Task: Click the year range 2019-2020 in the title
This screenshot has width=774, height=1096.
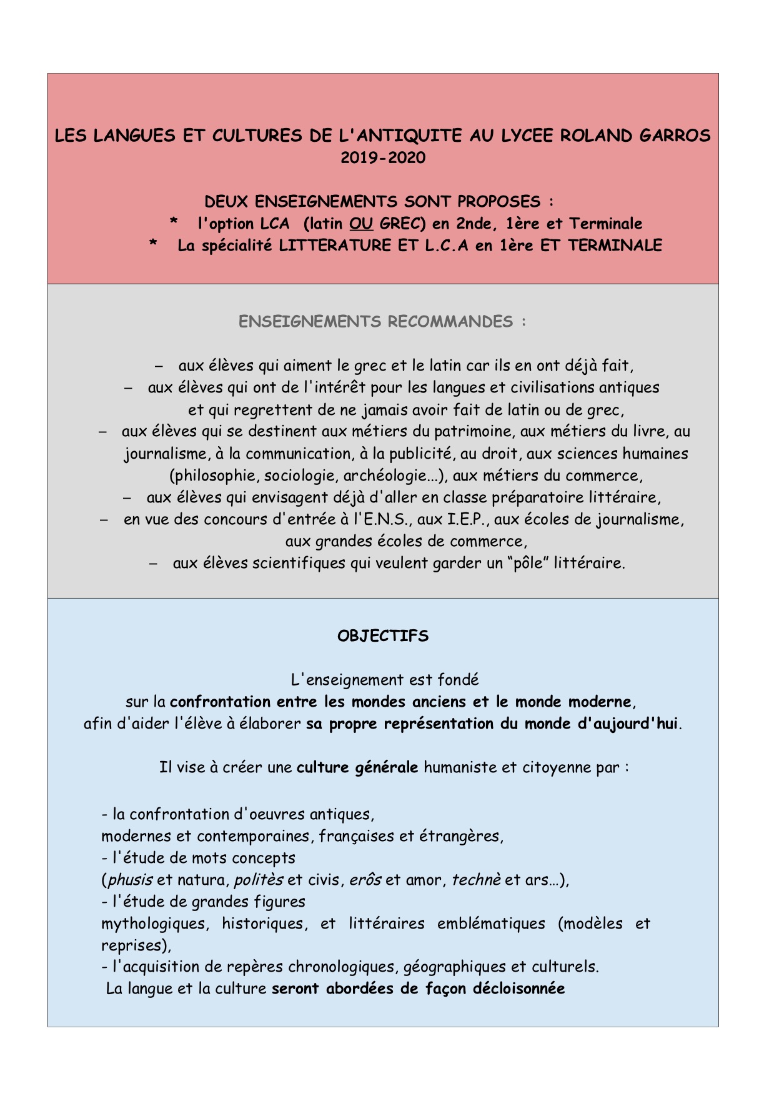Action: point(382,157)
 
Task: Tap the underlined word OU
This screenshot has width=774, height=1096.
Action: point(361,224)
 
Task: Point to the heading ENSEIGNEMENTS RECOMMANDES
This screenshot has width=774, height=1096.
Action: point(382,322)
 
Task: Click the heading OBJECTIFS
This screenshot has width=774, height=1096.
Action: point(382,636)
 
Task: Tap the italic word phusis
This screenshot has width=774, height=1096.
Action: point(130,880)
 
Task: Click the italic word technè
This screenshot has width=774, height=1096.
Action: point(476,880)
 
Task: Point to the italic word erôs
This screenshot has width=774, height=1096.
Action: point(365,880)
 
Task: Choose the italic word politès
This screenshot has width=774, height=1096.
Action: point(258,880)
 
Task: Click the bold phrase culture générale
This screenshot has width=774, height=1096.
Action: point(357,767)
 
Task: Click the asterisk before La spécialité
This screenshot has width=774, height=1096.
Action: point(153,244)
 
